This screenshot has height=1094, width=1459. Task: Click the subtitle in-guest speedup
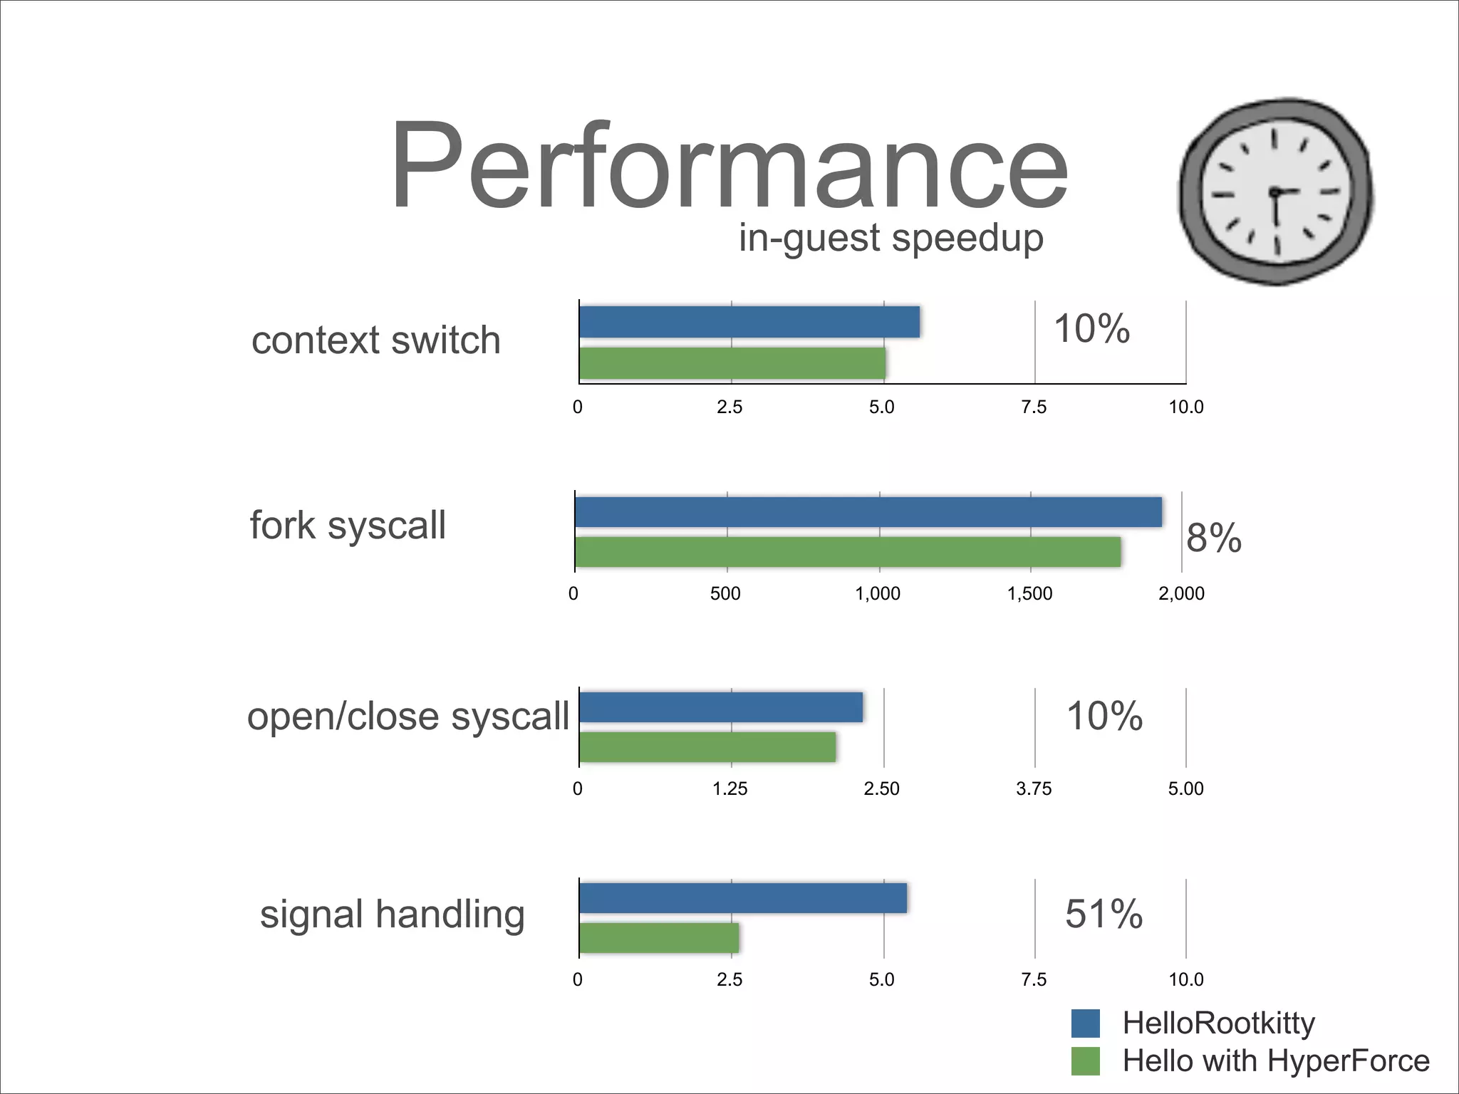click(891, 237)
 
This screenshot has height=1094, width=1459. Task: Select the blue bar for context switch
click(749, 322)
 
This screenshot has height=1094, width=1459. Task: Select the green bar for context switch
click(732, 363)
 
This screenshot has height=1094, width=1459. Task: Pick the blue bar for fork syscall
click(868, 512)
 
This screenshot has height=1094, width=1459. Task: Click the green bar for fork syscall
click(848, 552)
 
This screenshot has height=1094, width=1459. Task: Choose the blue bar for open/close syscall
click(721, 707)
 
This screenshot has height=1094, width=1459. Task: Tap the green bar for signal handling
click(659, 938)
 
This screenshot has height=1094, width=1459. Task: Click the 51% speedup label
click(1104, 914)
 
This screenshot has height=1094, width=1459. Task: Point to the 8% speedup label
click(1213, 538)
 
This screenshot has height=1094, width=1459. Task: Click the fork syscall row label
click(348, 526)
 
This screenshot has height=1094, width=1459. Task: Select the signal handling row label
click(392, 915)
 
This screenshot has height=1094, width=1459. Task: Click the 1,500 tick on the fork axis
click(1029, 593)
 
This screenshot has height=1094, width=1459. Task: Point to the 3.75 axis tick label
click(1033, 788)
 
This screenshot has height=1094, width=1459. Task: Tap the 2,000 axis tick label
click(1181, 593)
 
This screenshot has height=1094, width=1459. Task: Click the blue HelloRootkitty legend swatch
click(1085, 1023)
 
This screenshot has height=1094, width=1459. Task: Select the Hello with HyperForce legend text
click(1275, 1061)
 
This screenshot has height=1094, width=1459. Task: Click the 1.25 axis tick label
click(730, 788)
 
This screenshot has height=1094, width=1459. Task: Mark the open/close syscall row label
click(407, 717)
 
